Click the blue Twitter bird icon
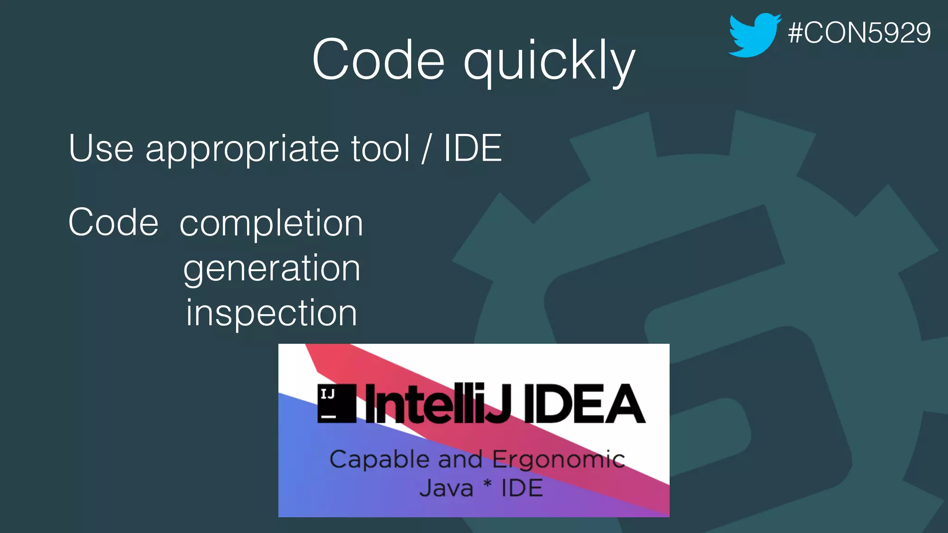(x=754, y=35)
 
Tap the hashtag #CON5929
(x=859, y=33)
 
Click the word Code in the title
(x=378, y=60)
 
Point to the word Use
(x=101, y=149)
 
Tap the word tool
(x=380, y=149)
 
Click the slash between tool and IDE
(x=426, y=149)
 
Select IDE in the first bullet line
(x=472, y=149)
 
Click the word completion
(x=271, y=224)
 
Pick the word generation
(x=272, y=269)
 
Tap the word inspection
(x=272, y=313)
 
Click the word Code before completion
(x=113, y=223)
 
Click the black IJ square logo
(x=337, y=403)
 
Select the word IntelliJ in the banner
(x=437, y=404)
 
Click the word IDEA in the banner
(x=584, y=404)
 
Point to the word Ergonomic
(x=558, y=460)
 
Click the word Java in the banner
(x=446, y=489)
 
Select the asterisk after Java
(x=487, y=485)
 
